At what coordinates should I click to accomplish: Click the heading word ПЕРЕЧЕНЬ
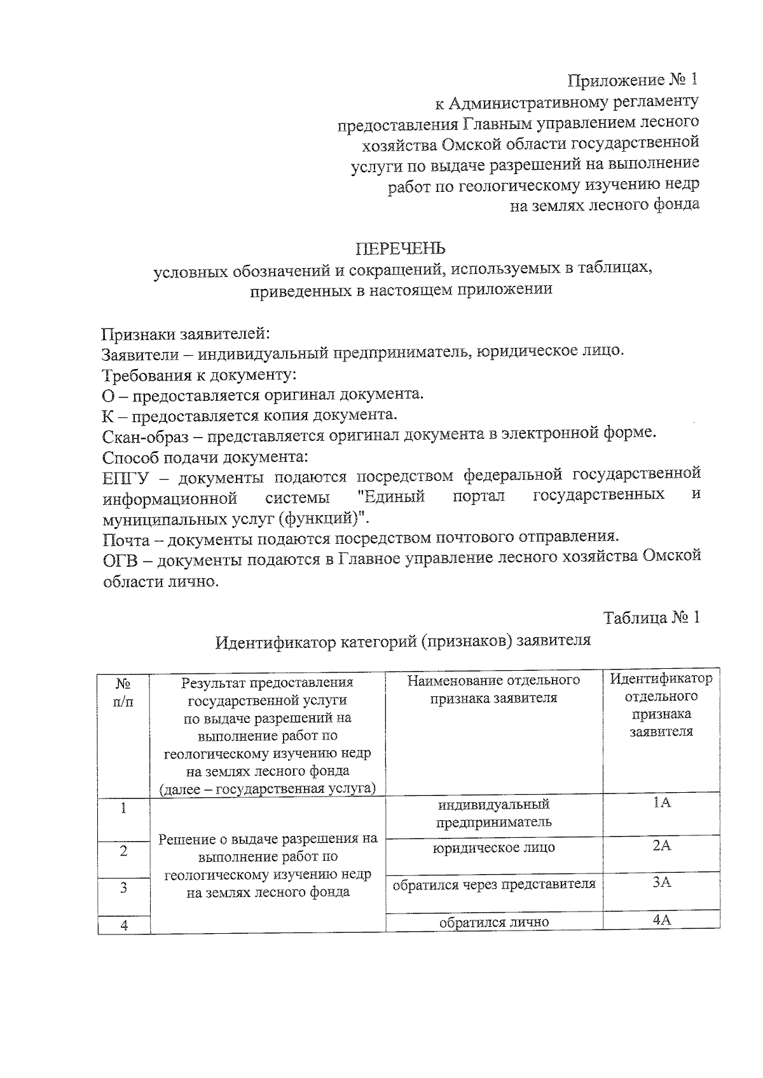tap(400, 248)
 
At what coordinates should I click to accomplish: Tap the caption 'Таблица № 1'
tap(652, 617)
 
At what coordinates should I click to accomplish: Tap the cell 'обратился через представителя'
tap(494, 884)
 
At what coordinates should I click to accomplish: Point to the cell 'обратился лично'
tap(494, 922)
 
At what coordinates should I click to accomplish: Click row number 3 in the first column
tap(124, 887)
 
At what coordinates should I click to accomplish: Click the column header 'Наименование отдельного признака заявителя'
tap(493, 689)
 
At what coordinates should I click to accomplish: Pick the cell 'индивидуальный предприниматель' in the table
tap(493, 813)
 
